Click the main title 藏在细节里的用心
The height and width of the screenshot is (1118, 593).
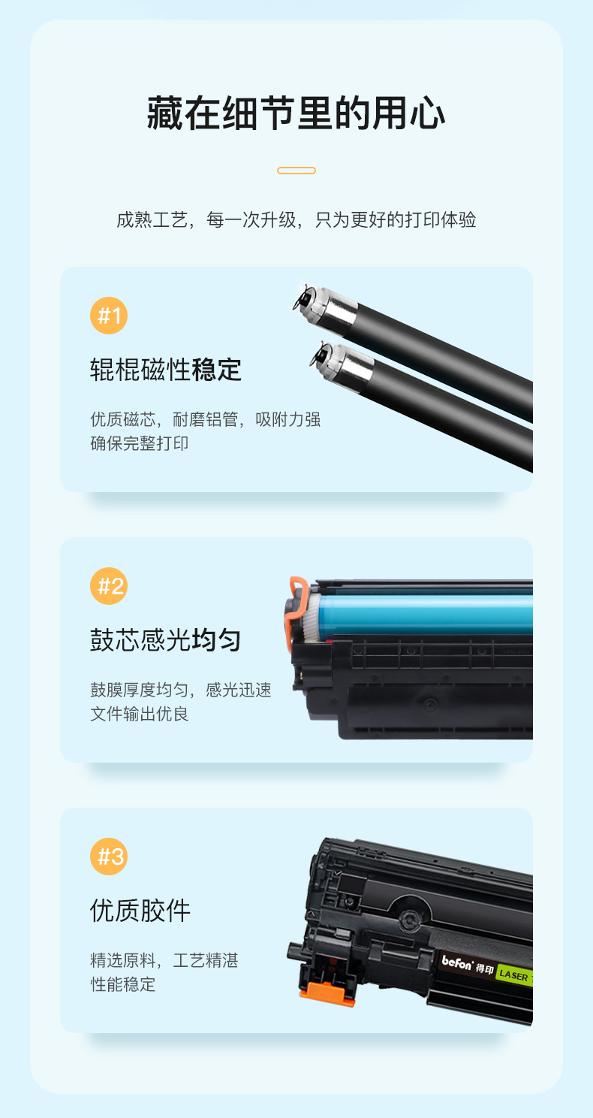click(x=296, y=113)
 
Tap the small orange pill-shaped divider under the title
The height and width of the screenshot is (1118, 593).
click(x=296, y=171)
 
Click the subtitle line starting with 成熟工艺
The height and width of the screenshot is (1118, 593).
click(x=296, y=219)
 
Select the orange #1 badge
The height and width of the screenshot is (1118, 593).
click(x=109, y=316)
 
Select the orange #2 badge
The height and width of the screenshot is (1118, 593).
click(x=109, y=586)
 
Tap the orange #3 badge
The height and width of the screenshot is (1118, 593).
click(x=109, y=857)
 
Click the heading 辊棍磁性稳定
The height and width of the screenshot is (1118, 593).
click(x=166, y=370)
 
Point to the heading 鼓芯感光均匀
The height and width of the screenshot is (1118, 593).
click(x=166, y=640)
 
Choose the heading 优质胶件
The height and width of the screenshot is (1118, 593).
click(x=140, y=911)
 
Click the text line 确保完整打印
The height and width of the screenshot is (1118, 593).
click(x=139, y=443)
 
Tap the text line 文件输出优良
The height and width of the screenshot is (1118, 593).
click(x=139, y=714)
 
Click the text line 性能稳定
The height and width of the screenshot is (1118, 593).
click(x=122, y=984)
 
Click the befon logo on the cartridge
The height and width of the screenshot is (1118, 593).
click(x=457, y=962)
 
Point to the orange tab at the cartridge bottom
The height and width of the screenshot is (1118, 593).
click(x=327, y=993)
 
